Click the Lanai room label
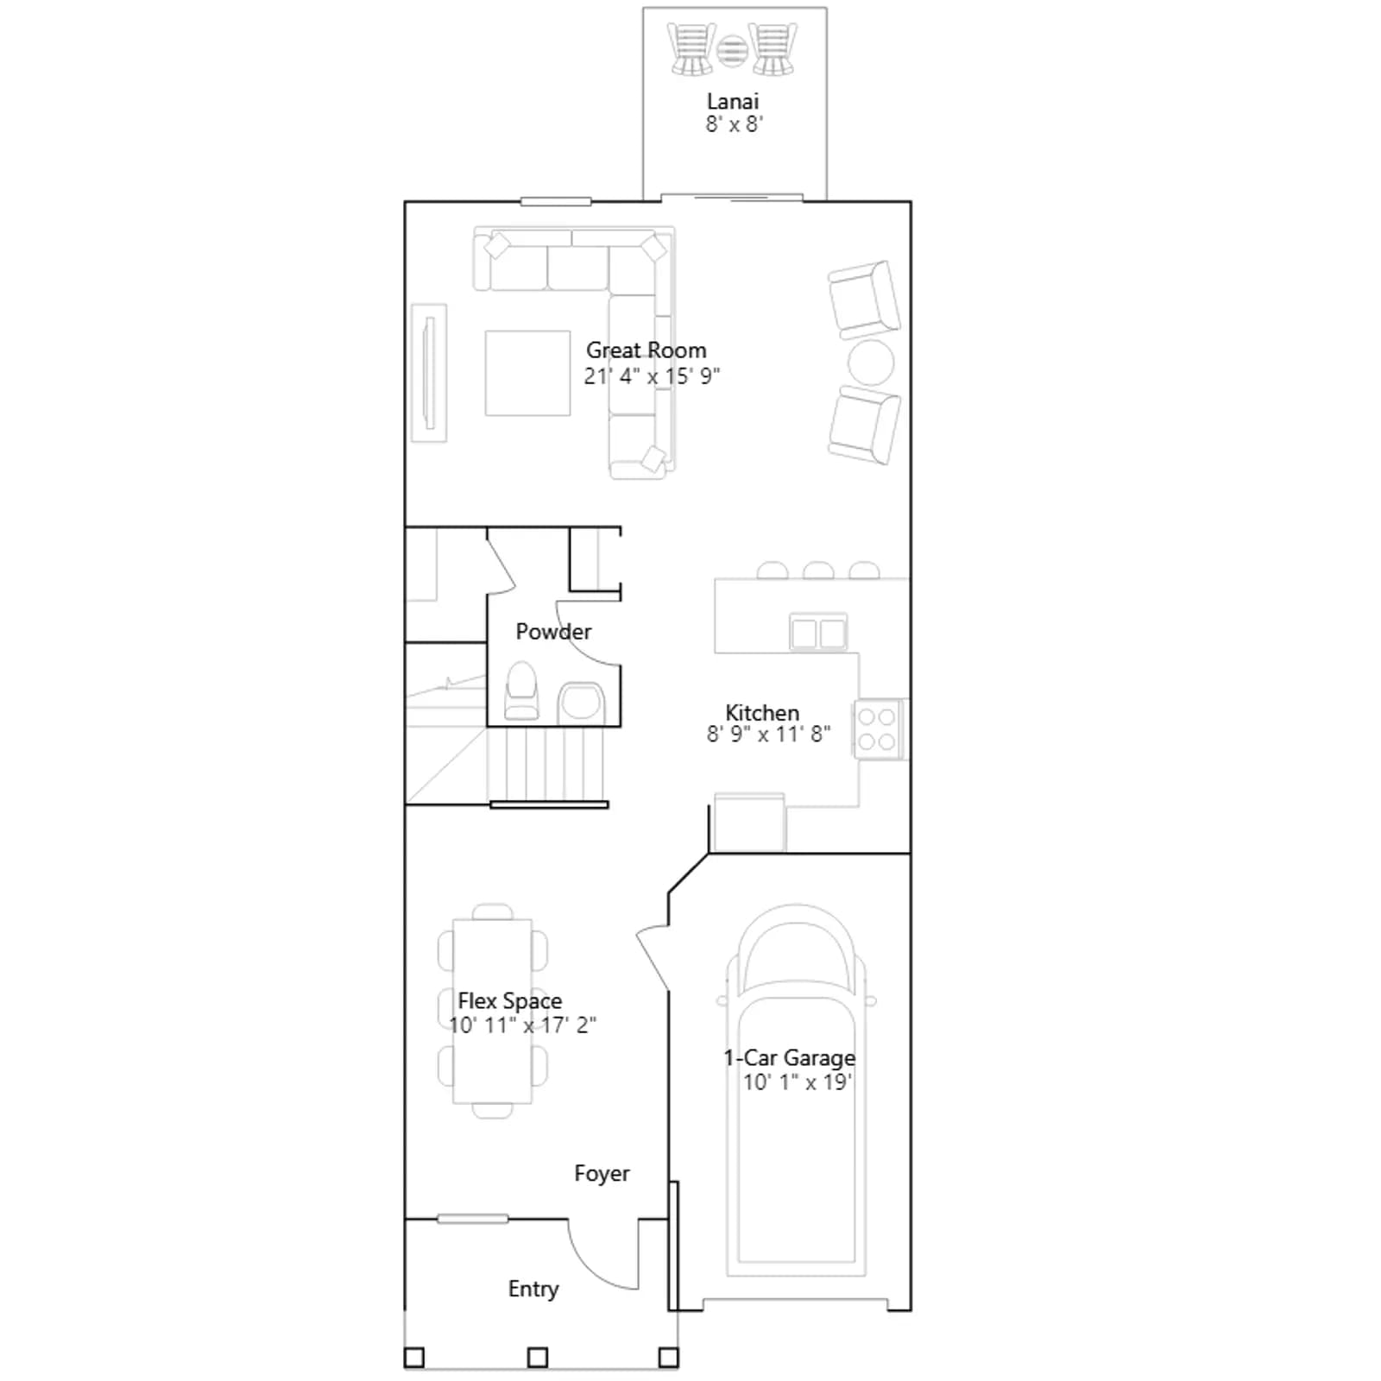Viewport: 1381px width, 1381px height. [x=732, y=101]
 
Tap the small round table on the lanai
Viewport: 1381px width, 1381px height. [x=732, y=51]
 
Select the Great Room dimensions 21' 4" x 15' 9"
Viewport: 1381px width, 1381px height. [x=652, y=375]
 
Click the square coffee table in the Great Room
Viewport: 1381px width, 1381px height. [x=527, y=373]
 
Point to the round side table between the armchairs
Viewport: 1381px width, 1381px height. [x=870, y=362]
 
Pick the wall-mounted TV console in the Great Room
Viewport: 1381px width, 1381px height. [x=429, y=373]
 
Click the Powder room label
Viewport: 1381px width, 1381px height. [x=553, y=631]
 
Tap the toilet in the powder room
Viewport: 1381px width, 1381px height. [x=521, y=690]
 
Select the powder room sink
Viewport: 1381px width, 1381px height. [x=580, y=701]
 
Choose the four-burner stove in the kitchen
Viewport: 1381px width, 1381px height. [x=877, y=729]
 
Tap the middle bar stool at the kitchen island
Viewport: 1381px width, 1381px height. [x=818, y=571]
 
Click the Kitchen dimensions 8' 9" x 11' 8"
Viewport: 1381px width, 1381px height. [x=768, y=734]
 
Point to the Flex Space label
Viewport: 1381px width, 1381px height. [x=509, y=1000]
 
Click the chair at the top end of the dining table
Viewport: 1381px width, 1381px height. [x=493, y=912]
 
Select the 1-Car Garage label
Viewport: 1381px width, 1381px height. [x=790, y=1057]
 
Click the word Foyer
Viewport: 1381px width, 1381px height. [x=602, y=1173]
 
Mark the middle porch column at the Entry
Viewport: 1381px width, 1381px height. [x=538, y=1358]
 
